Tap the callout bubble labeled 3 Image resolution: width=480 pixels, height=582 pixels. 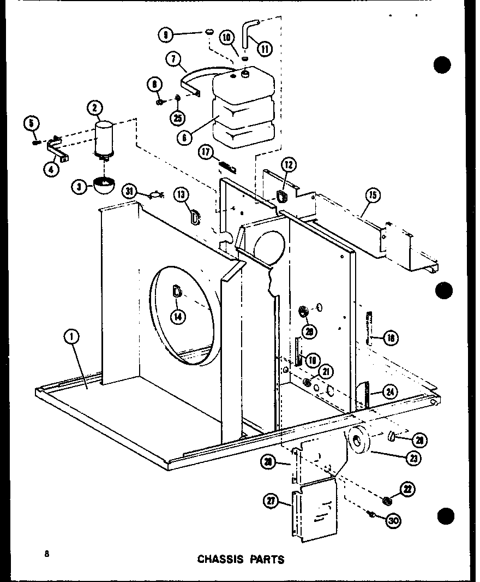[80, 187]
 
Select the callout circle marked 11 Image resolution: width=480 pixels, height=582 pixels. [265, 48]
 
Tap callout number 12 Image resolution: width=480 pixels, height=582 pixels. [289, 165]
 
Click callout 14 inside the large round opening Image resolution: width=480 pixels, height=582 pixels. [178, 315]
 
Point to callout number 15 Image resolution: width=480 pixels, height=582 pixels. [374, 195]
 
